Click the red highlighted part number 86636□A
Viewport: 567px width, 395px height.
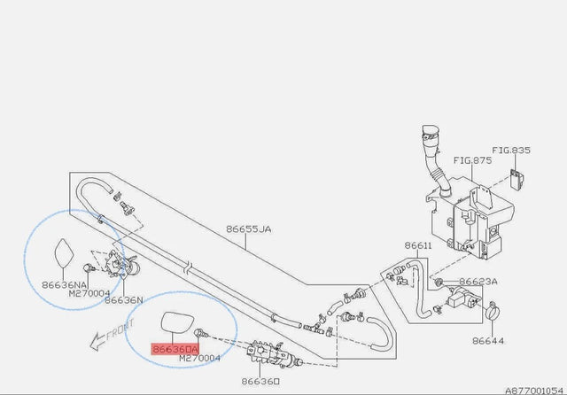[175, 349]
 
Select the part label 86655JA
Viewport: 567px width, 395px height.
[249, 229]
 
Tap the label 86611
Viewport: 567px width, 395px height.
[418, 245]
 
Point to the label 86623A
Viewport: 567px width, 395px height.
[478, 282]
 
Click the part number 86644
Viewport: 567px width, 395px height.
[488, 341]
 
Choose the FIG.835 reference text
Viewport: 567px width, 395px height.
[511, 151]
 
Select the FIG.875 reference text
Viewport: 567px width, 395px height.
[472, 160]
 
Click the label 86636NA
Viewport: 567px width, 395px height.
[64, 285]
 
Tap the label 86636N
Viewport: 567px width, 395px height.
[124, 300]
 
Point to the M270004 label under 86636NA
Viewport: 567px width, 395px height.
[89, 293]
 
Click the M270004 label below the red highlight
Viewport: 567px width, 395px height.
[199, 358]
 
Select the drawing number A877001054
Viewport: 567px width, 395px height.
[534, 391]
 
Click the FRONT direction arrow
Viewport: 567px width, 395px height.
[112, 335]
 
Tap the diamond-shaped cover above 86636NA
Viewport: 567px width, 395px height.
[64, 253]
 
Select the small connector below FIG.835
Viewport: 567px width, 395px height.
[517, 179]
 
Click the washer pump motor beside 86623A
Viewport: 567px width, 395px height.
[462, 297]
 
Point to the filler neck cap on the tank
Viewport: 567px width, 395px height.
[431, 132]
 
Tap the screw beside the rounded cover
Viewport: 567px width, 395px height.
[201, 333]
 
